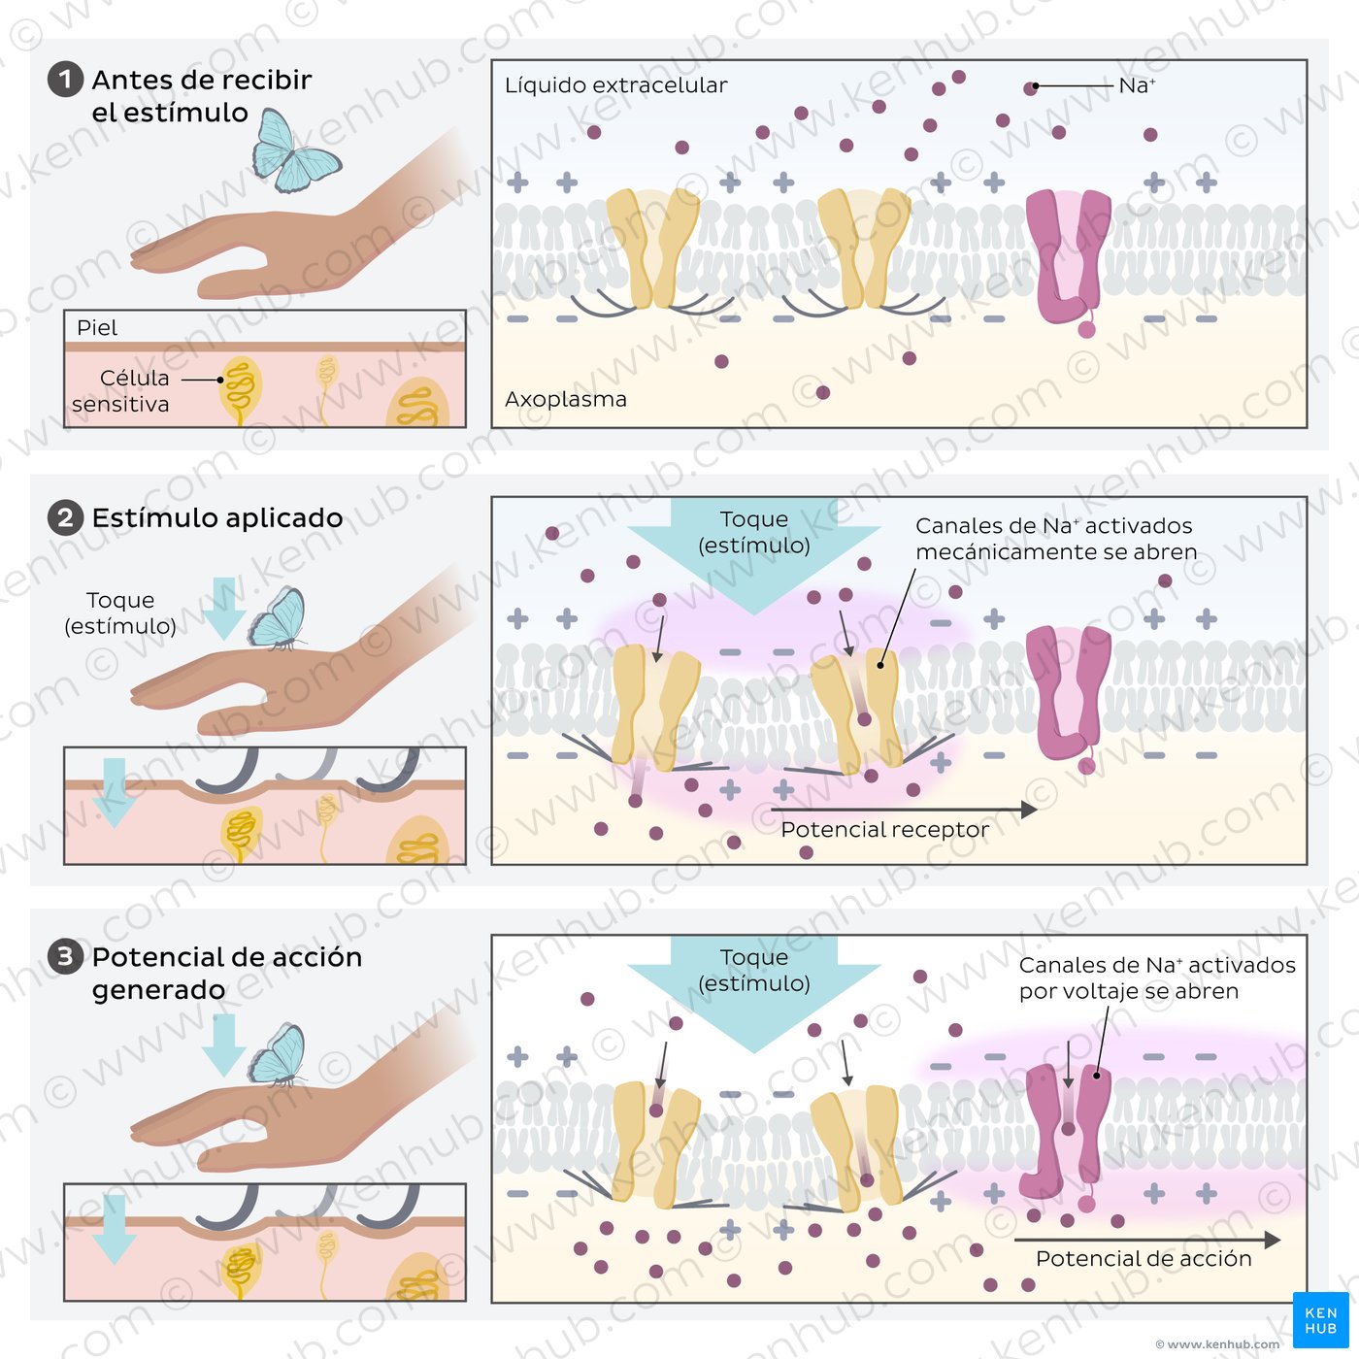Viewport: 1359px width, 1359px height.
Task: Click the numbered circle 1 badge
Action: coord(66,79)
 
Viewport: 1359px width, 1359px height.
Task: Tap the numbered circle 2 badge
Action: coord(66,517)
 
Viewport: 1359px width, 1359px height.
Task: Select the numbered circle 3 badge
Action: coord(66,957)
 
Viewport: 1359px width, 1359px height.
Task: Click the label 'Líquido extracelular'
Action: coord(615,85)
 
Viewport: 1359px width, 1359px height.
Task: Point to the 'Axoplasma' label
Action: coord(566,400)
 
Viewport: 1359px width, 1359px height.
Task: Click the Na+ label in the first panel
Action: coord(1137,85)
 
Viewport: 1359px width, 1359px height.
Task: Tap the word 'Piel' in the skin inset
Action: coord(97,328)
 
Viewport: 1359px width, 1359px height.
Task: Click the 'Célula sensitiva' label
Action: coord(120,390)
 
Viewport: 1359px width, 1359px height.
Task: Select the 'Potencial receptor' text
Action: coord(885,829)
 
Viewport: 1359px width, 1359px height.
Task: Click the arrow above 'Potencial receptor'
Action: coord(904,810)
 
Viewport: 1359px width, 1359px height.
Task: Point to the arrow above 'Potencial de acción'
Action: coord(1147,1239)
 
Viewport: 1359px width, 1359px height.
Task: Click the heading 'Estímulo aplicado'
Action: coord(217,517)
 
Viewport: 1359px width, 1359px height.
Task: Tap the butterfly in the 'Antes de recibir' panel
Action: coord(296,150)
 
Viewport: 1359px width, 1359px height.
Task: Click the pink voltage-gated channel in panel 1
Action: coord(1069,261)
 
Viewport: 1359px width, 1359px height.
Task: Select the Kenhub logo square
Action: coord(1321,1319)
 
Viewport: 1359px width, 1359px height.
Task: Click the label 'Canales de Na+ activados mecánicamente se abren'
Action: coord(1056,538)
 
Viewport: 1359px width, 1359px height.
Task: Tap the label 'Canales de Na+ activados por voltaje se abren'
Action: coord(1157,978)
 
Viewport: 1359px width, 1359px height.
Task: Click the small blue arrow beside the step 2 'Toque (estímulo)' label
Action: coord(224,608)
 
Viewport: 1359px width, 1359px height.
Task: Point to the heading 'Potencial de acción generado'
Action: coord(226,974)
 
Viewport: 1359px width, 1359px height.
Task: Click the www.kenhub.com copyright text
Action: coord(1217,1344)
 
